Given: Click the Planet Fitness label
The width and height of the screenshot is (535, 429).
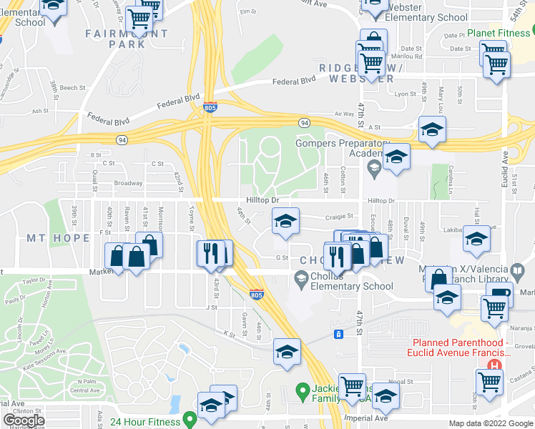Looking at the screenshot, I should pos(499,33).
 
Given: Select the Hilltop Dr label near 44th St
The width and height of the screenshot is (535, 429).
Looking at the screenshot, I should pos(262,200).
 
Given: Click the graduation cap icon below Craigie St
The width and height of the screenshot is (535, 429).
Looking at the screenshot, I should pos(285,222).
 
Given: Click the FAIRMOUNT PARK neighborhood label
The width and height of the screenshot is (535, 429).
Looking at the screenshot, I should pos(127,39).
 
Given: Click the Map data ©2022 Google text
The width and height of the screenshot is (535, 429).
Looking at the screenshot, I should pos(491,423).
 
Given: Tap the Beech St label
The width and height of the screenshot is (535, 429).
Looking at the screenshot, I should pos(72,88).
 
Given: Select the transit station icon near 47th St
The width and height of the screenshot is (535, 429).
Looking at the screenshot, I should pos(339,334).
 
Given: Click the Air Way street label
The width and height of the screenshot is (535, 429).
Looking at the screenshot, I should pos(344,114).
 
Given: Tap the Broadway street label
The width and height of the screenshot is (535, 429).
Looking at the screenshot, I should pos(129,183).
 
